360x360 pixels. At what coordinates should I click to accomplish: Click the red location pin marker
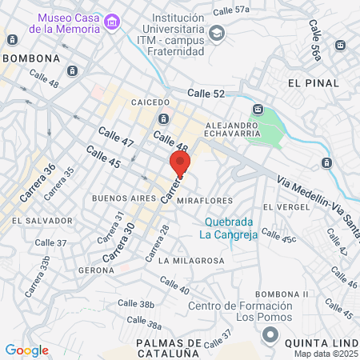[180, 164]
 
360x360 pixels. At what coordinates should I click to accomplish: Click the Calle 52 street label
[206, 94]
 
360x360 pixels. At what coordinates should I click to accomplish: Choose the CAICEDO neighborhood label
[150, 102]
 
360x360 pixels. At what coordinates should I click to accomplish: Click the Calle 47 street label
[115, 136]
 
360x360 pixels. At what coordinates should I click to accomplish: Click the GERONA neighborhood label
[97, 270]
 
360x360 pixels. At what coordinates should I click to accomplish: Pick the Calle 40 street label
[174, 284]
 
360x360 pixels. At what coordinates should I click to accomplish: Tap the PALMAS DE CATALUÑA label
[167, 347]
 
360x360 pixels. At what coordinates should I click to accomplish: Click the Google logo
[26, 350]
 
